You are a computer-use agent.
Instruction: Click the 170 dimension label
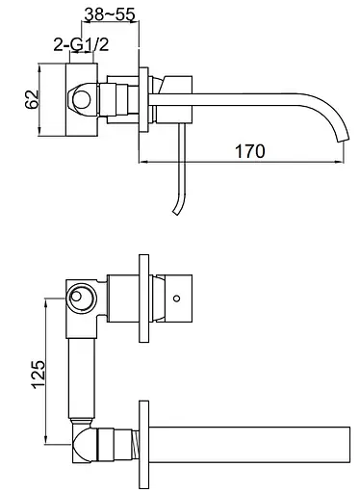point(250,151)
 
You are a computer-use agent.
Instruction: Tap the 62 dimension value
point(32,99)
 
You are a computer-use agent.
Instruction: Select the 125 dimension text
point(39,375)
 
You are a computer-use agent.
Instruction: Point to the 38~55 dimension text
point(110,13)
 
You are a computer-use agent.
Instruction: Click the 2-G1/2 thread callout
point(81,44)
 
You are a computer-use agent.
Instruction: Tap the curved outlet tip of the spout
point(343,139)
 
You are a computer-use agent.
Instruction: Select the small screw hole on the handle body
point(176,298)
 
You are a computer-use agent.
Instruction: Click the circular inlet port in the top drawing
point(82,99)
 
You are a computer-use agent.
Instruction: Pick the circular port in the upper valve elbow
point(82,297)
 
